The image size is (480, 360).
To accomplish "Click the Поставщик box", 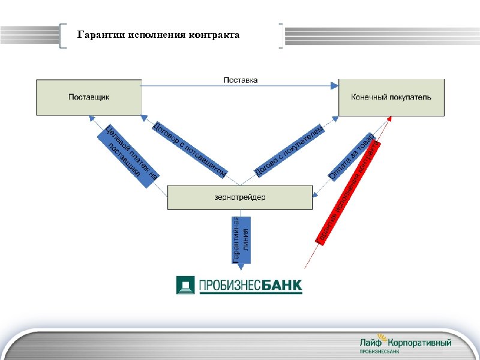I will pyautogui.click(x=89, y=97).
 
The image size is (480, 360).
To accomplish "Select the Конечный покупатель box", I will pyautogui.click(x=391, y=97).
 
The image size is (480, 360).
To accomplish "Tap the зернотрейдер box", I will pyautogui.click(x=239, y=197).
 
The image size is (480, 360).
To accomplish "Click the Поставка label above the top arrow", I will pyautogui.click(x=241, y=80).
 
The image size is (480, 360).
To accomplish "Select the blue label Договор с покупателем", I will pyautogui.click(x=290, y=151).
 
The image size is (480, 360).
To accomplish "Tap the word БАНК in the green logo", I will pyautogui.click(x=283, y=285).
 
